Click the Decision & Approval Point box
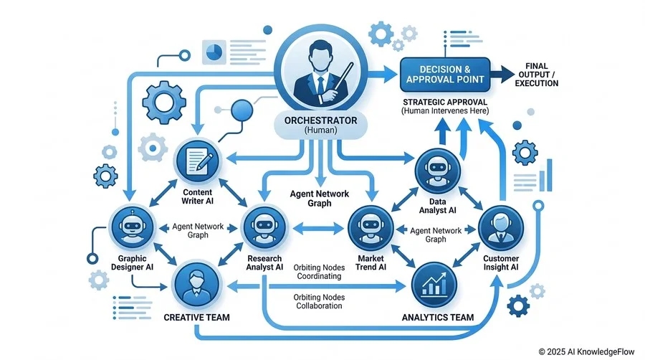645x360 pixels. pos(445,75)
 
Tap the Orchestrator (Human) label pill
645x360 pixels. pos(320,125)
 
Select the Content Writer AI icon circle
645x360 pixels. pos(198,161)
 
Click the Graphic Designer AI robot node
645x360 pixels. pos(132,227)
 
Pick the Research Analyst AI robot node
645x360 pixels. pos(264,227)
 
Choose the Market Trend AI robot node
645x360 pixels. pos(371,228)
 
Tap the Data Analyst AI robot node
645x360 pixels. pos(437,171)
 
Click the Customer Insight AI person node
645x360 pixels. pos(501,228)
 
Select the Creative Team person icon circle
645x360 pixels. pos(196,285)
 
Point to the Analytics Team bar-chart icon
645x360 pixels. pos(434,285)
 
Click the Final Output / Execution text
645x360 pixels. pos(536,75)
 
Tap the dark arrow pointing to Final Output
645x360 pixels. pos(502,75)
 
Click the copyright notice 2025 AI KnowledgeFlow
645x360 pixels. pos(586,352)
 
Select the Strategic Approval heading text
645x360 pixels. pos(444,102)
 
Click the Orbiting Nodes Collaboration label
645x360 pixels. pos(319,302)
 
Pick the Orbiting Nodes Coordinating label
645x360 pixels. pos(319,272)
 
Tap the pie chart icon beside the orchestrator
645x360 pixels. pos(214,52)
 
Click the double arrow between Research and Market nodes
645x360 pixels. pos(318,228)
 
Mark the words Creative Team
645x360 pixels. pos(196,317)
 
